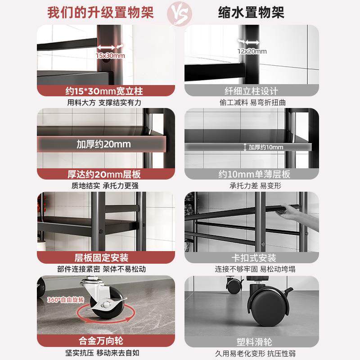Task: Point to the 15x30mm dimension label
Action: point(110,56)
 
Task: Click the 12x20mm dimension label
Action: point(252,51)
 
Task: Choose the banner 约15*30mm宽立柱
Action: point(104,91)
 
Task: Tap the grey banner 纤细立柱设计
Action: point(252,91)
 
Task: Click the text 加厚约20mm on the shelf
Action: point(103,144)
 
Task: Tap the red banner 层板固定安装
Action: point(104,258)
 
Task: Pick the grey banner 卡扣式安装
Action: point(252,258)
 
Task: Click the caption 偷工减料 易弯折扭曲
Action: point(252,103)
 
